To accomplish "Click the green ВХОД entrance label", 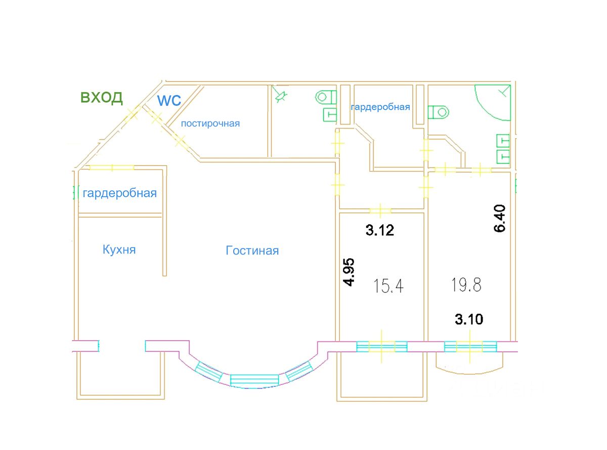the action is (x=102, y=97).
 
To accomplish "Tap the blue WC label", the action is (x=169, y=100).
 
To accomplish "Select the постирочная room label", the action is (x=210, y=123).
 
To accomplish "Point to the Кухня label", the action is (x=119, y=250).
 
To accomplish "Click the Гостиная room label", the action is (x=252, y=251).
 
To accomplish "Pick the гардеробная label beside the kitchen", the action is (x=119, y=193).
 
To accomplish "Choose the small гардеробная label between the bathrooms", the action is (x=380, y=107).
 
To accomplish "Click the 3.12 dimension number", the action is (x=380, y=231).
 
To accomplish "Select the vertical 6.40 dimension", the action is (x=500, y=218).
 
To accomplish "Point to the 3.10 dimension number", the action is (x=469, y=319).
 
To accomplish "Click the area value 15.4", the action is (x=389, y=287).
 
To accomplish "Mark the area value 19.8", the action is (x=466, y=284).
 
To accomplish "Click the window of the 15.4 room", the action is (x=381, y=347).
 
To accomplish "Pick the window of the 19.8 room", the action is (x=470, y=347).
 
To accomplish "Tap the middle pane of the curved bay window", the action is (x=254, y=380).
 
